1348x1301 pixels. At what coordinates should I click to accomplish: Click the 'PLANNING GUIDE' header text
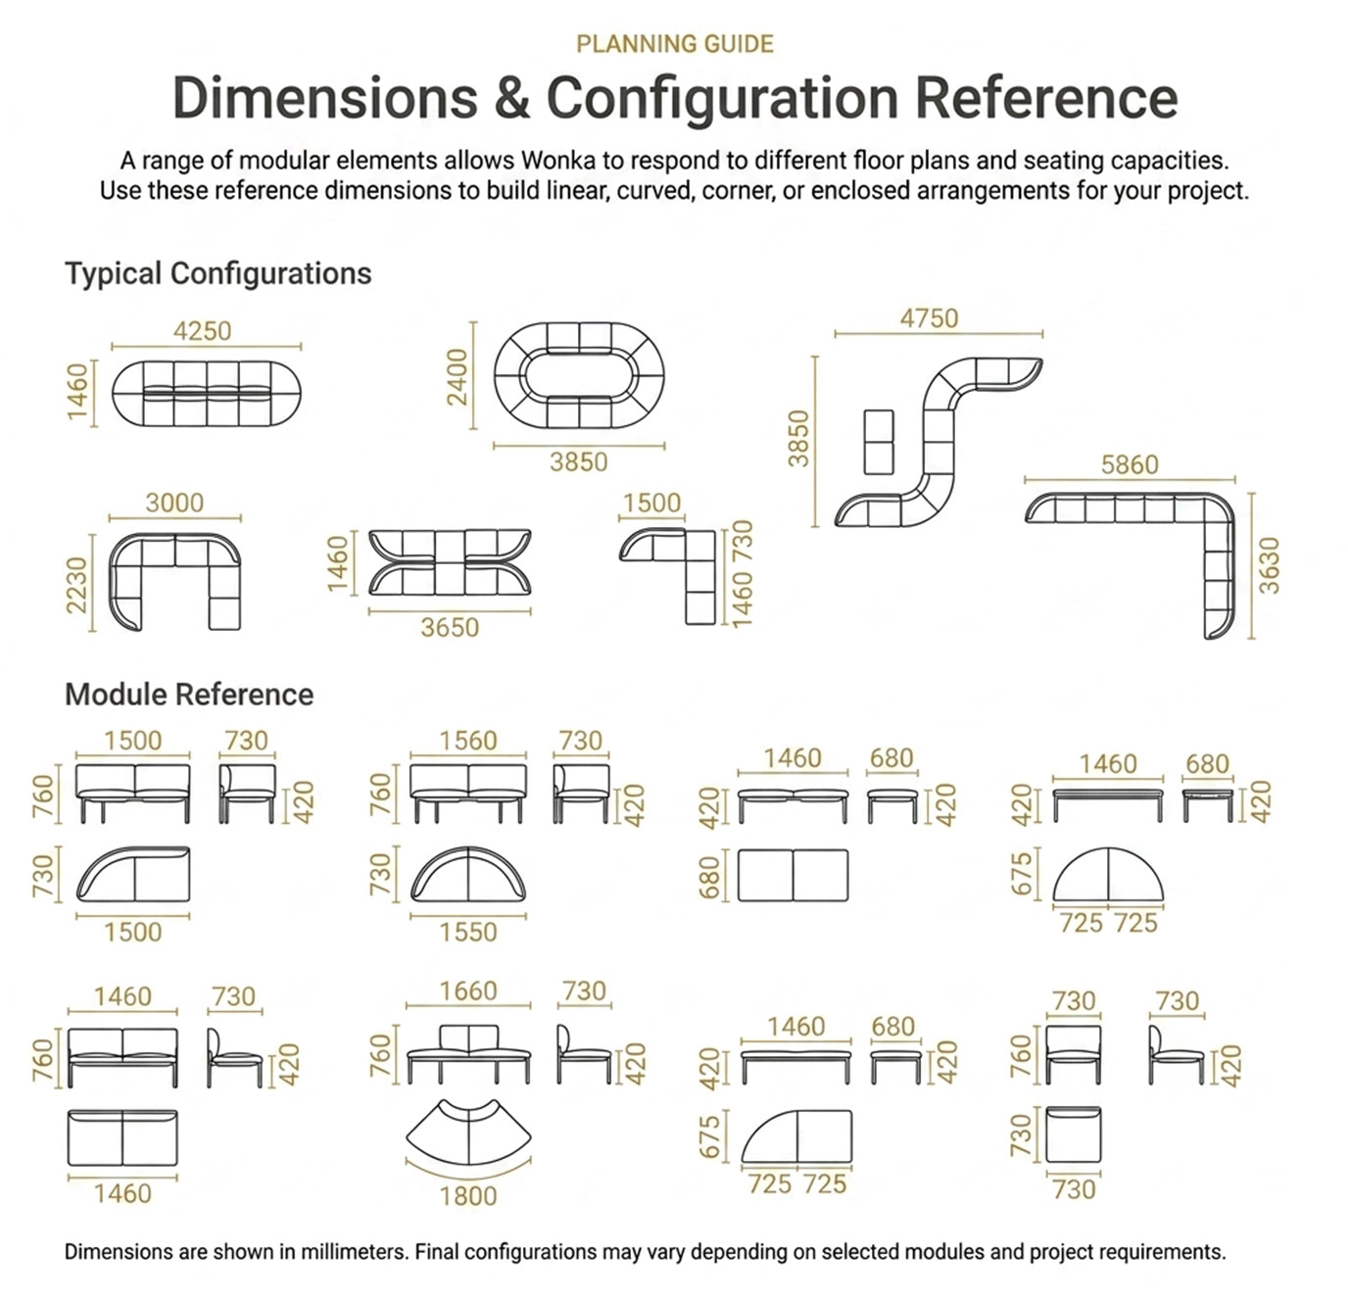pos(674,44)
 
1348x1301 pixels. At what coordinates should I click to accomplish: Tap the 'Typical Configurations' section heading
pos(218,273)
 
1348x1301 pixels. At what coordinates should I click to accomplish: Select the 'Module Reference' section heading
pos(189,695)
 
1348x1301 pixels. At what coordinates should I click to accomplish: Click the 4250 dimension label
pos(202,331)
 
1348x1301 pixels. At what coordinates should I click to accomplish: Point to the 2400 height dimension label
pos(457,377)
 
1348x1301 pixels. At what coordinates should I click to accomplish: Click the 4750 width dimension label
pos(930,318)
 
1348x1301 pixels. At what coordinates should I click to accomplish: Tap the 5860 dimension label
pos(1130,464)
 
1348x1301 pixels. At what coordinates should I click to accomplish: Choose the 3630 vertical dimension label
pos(1269,566)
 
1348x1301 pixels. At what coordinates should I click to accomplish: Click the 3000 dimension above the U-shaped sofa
pos(174,503)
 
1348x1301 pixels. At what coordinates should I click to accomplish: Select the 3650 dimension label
pos(451,628)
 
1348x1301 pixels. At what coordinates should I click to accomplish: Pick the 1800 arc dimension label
pos(469,1196)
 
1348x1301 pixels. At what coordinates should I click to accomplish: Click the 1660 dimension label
pos(468,991)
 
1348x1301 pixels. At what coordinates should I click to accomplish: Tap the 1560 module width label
pos(468,741)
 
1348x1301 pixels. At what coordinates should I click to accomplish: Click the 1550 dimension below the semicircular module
pos(468,932)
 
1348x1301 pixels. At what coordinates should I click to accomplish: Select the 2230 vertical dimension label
pos(76,586)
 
